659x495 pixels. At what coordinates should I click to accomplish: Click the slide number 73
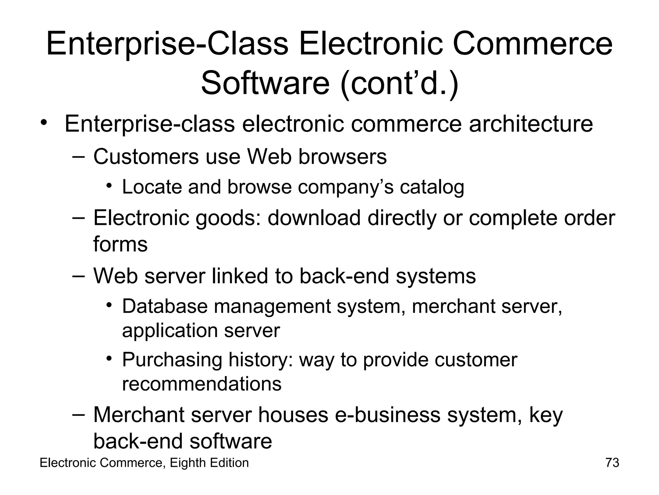(x=612, y=463)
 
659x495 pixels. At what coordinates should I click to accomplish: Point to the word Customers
(x=146, y=157)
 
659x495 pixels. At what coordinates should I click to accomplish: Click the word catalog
(x=432, y=187)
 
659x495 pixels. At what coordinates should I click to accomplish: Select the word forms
(x=120, y=244)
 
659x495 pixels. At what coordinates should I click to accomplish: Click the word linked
(x=240, y=276)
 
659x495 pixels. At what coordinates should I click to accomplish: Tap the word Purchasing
(x=172, y=360)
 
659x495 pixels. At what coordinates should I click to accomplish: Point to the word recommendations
(x=202, y=384)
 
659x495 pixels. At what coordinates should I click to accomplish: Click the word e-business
(x=387, y=415)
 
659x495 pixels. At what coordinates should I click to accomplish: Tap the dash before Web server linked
(x=79, y=276)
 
